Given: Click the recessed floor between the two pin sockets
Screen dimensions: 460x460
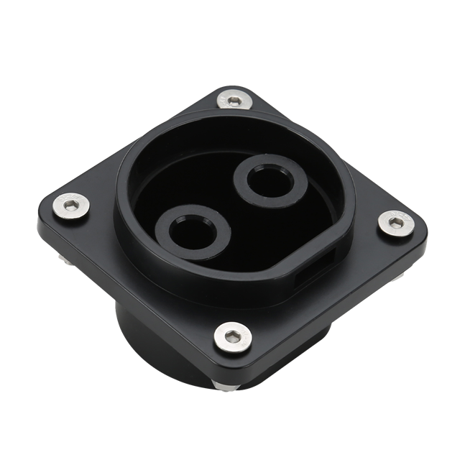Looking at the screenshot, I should pyautogui.click(x=230, y=216).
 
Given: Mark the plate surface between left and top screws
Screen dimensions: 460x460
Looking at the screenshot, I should pyautogui.click(x=137, y=151).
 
